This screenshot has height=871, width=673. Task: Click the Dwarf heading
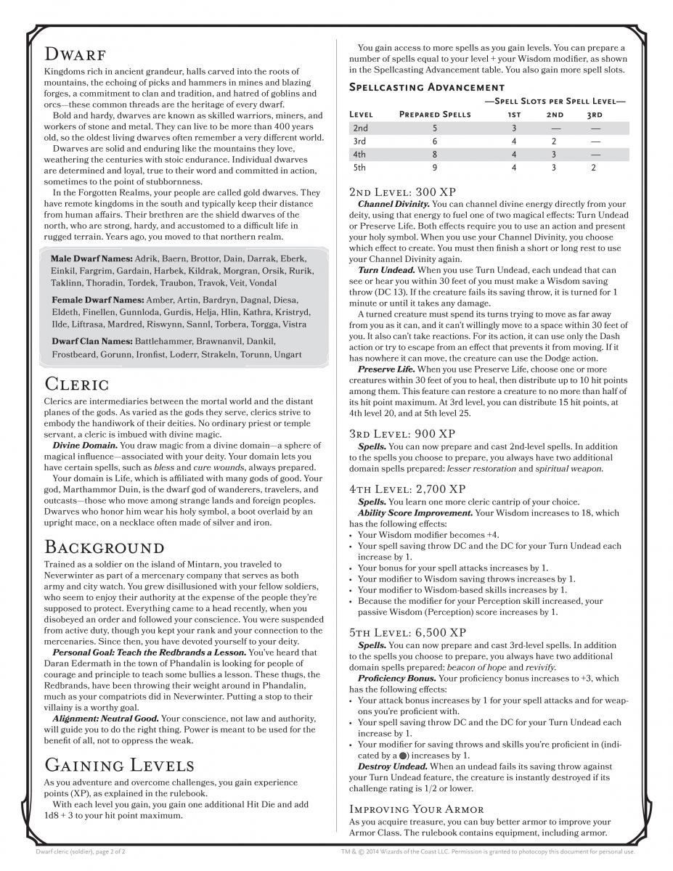click(x=76, y=54)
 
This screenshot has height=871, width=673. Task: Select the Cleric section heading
click(x=77, y=383)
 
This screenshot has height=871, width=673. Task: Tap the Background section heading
click(x=105, y=546)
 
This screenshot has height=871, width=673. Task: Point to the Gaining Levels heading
click(x=119, y=764)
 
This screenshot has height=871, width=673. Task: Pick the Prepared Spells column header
click(x=435, y=115)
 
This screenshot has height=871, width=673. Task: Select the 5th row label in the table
click(x=359, y=167)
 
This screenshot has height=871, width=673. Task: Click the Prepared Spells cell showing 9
click(x=435, y=167)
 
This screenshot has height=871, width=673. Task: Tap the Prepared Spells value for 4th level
click(x=435, y=154)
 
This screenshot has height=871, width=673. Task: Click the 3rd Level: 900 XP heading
click(x=402, y=433)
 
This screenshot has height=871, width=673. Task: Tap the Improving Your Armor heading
click(x=417, y=809)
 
